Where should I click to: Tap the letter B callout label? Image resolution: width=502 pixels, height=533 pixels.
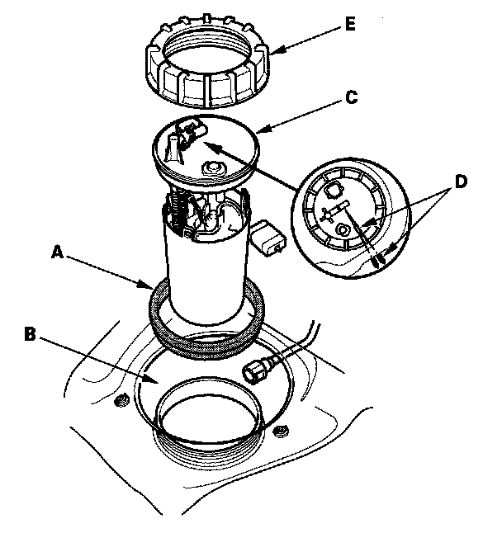tap(29, 335)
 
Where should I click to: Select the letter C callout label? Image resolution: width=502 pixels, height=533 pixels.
tap(351, 97)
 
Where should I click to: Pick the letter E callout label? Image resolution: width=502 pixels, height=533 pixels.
tap(350, 25)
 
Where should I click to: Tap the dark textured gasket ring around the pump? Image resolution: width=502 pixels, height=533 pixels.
tap(206, 318)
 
